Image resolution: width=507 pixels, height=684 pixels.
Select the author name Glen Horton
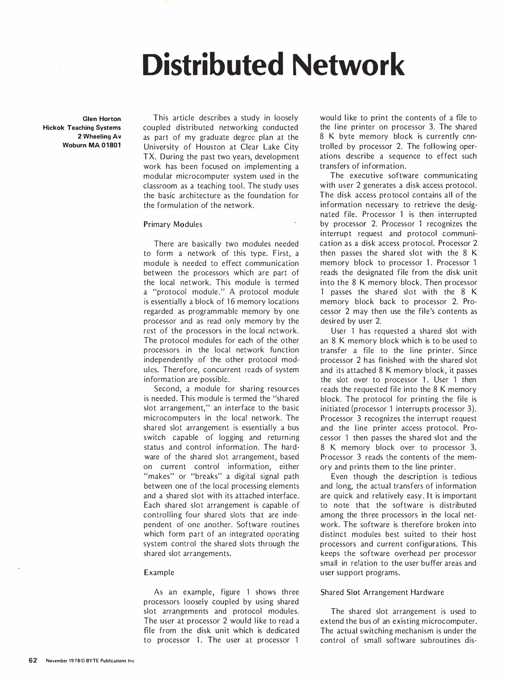pos(102,119)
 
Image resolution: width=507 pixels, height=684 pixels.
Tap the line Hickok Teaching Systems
pos(82,128)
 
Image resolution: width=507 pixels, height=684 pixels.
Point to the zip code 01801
pos(111,146)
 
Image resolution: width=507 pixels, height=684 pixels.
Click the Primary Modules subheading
pos(173,225)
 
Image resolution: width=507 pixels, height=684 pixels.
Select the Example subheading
pos(159,573)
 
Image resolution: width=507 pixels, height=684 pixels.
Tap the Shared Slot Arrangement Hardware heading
pos(382,592)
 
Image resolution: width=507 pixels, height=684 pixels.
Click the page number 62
pos(33,660)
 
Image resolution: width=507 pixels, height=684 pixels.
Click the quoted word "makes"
pos(158,476)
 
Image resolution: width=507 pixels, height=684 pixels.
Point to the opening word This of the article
pos(161,118)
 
